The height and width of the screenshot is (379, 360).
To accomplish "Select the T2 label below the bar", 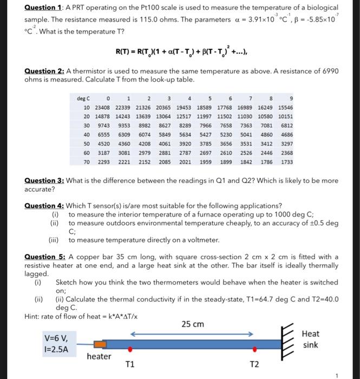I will [x=255, y=364].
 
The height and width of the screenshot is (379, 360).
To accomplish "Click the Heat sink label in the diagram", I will [x=311, y=339].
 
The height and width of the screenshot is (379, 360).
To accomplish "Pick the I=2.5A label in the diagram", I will [x=56, y=349].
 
